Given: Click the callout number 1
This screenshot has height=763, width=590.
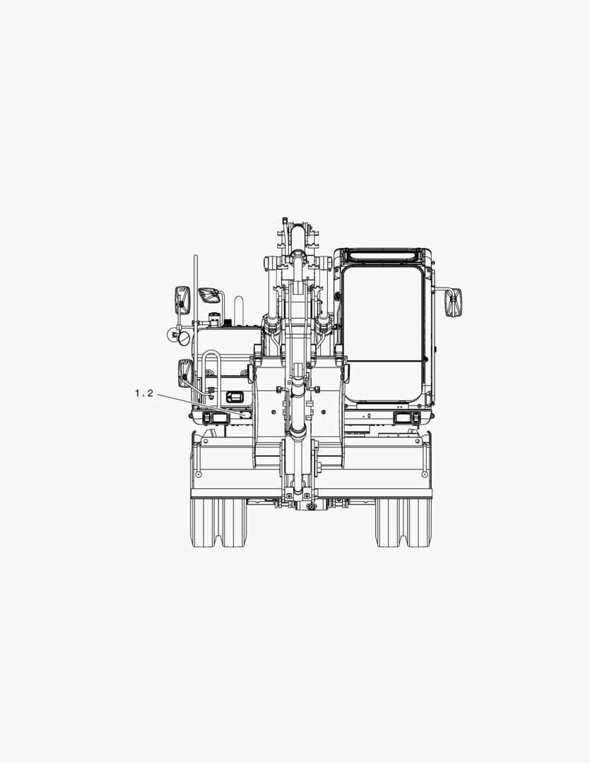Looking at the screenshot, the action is (137, 394).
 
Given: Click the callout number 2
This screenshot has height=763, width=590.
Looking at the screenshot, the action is (150, 394).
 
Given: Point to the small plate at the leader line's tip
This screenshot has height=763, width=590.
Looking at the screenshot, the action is (245, 415).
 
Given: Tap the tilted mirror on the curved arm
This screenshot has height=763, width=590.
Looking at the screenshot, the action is (209, 295).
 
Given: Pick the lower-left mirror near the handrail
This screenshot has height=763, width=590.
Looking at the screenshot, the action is (185, 373).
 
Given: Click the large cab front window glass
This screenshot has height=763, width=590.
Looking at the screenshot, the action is (383, 335).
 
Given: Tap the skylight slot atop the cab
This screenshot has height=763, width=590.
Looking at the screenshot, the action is (382, 254).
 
